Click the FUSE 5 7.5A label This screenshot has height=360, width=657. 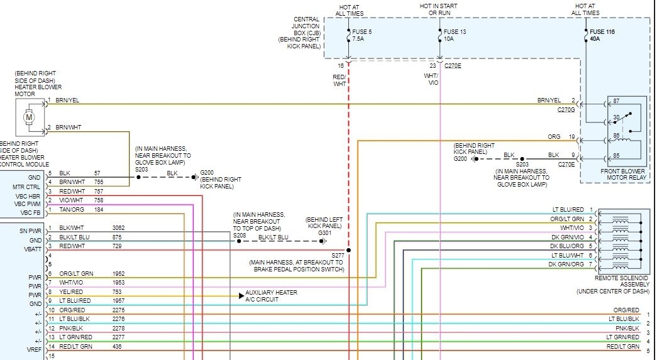pos(363,35)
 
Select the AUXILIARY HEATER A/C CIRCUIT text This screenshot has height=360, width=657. pos(271,296)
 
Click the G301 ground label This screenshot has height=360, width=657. pos(324,233)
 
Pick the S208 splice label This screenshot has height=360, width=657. pos(240,236)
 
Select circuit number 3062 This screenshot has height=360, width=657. pos(119,227)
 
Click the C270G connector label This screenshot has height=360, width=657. pos(566,109)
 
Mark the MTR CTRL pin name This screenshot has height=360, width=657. pos(26,187)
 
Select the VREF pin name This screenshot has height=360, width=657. pos(34,347)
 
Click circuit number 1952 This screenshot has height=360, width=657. pos(119,274)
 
